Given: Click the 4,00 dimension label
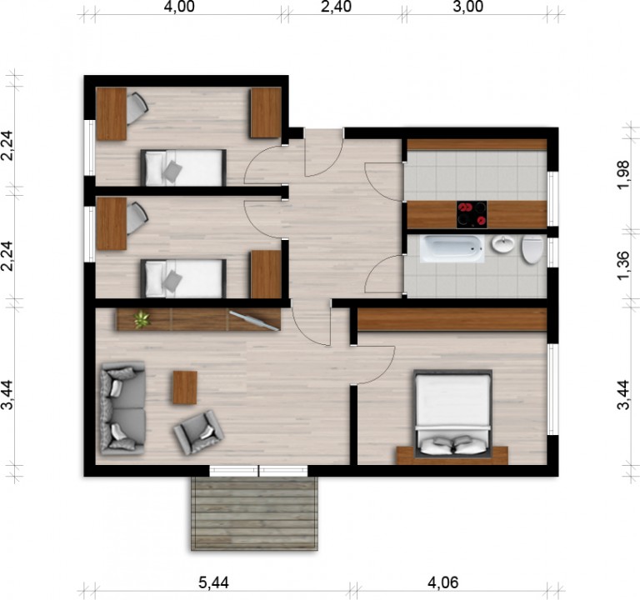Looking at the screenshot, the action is (x=179, y=7).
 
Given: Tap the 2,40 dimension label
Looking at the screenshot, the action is (x=336, y=7).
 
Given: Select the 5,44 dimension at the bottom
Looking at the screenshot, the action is (x=213, y=582).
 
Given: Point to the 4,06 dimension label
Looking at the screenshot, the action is (x=442, y=582).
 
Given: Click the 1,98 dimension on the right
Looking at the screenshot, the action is (x=623, y=174).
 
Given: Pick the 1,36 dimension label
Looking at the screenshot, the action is (x=623, y=266).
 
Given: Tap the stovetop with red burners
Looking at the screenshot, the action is (x=472, y=214).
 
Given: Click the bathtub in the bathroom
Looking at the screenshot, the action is (x=452, y=248).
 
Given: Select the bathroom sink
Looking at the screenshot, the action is (x=503, y=244).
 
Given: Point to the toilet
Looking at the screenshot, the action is (x=532, y=249).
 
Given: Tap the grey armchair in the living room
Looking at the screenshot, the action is (x=199, y=432).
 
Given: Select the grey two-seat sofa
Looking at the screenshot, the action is (x=122, y=407).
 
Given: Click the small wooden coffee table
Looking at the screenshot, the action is (x=185, y=387).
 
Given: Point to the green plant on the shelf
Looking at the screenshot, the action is (x=142, y=319).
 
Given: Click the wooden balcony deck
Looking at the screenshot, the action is (x=254, y=513).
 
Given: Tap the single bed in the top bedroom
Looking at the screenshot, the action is (x=183, y=167).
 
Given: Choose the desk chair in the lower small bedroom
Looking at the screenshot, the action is (x=137, y=219).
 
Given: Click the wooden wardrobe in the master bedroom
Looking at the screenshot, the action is (x=452, y=319).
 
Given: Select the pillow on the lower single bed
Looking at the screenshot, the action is (x=172, y=282).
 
